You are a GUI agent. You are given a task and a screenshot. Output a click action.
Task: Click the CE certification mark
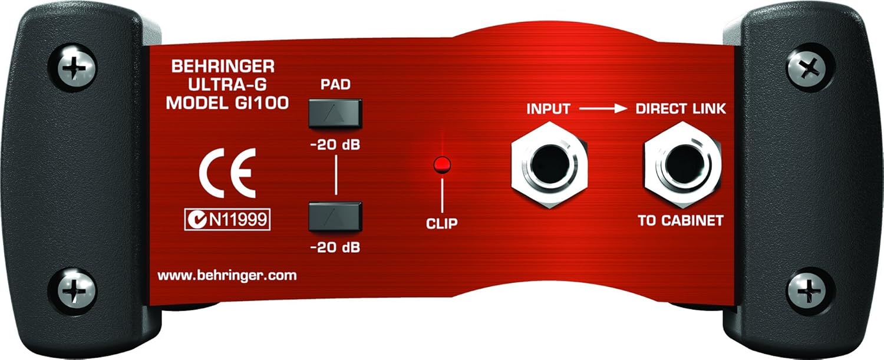point(226,173)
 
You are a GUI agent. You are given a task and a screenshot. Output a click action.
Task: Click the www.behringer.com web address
point(227,275)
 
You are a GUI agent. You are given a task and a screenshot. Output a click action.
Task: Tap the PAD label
point(335,84)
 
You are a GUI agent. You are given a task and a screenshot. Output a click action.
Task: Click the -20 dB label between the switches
point(335,145)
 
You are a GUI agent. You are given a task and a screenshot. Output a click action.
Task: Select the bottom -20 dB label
point(335,247)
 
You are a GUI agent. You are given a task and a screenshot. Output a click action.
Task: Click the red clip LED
point(439,165)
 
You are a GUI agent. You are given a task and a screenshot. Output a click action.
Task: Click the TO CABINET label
point(681,222)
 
